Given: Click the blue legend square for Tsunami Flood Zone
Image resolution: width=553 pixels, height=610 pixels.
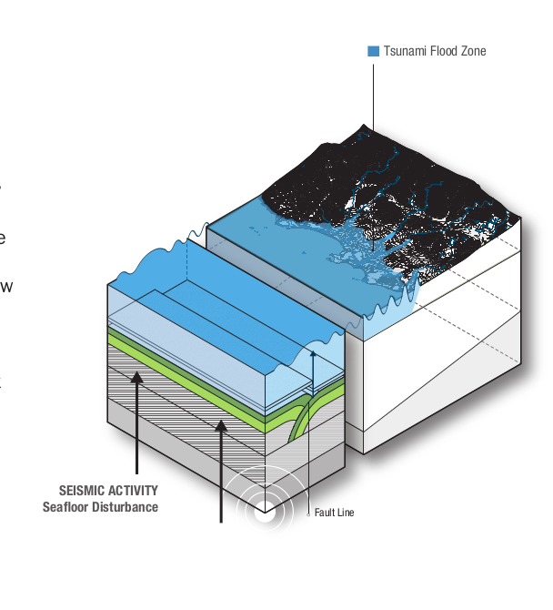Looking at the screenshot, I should point(373,51).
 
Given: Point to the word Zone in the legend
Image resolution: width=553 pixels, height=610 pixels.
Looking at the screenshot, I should point(473,51).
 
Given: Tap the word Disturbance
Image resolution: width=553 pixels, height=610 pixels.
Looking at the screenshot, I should point(126,506).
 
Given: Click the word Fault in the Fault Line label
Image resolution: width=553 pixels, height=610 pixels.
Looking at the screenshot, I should point(326,513).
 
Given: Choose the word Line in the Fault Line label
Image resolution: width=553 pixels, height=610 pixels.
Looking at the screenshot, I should point(346,513).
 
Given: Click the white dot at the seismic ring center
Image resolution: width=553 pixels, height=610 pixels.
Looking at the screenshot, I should point(265,512).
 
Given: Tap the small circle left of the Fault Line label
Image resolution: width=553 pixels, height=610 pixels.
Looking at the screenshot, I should point(309,513).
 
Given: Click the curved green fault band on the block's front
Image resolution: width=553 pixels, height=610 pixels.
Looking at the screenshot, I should point(298,420).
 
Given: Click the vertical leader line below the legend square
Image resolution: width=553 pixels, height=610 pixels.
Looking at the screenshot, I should point(373,91).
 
